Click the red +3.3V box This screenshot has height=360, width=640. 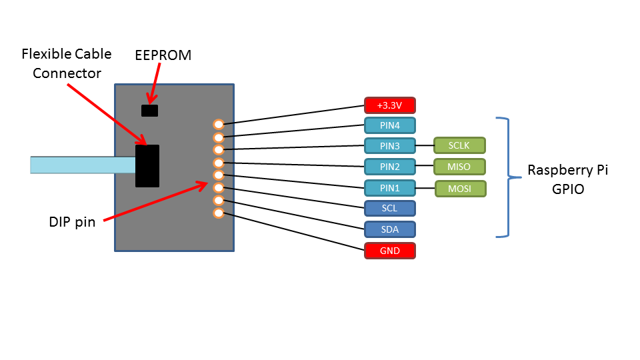coord(390,105)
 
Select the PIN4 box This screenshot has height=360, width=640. coord(390,125)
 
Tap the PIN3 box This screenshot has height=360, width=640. coord(390,145)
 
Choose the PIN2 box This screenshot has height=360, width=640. coord(390,166)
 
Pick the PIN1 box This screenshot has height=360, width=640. coord(390,188)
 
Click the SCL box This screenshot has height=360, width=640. coord(390,209)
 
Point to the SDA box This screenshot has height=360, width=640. coord(390,229)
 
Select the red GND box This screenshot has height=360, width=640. coord(390,251)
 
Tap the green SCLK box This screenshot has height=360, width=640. coord(459,145)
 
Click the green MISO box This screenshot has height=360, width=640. coord(459,166)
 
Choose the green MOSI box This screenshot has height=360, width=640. coord(460,189)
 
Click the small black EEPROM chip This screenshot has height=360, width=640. coord(149,110)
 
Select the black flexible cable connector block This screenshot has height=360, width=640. coord(147,166)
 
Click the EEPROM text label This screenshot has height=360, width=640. coord(163,55)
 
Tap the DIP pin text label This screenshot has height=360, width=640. coord(72,222)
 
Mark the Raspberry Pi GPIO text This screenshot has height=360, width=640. coord(567,179)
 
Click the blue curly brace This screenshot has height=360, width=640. coord(507,177)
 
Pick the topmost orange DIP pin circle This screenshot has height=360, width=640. coord(218,124)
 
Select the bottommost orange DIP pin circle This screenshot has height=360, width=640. coord(218,213)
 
